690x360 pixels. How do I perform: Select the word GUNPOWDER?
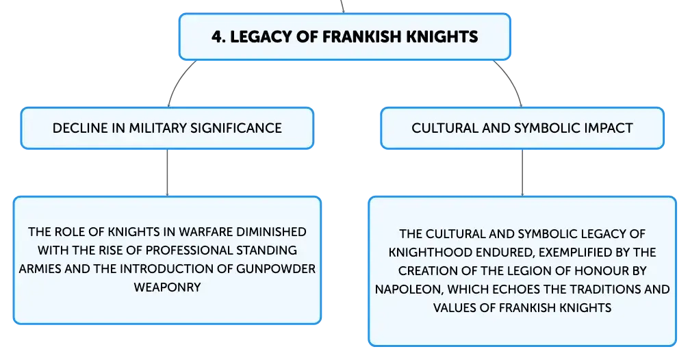[276, 269]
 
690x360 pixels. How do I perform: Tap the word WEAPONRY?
[167, 287]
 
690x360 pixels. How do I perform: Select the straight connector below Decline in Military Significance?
[167, 172]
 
